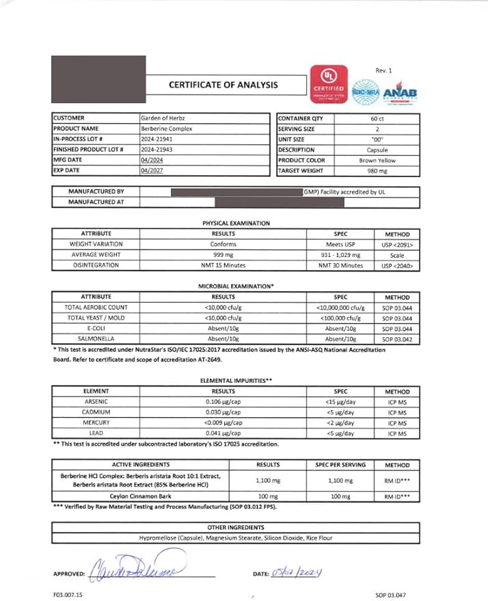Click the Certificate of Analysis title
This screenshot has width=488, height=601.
click(x=223, y=85)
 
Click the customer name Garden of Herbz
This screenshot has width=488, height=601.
click(x=165, y=118)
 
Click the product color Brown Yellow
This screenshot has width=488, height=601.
click(x=378, y=160)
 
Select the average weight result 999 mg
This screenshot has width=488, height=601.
click(x=223, y=254)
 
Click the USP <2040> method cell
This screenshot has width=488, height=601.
click(x=397, y=265)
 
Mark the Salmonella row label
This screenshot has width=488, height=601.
click(x=96, y=338)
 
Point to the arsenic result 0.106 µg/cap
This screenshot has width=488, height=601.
click(x=223, y=402)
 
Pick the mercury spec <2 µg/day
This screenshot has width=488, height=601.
click(x=340, y=423)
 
